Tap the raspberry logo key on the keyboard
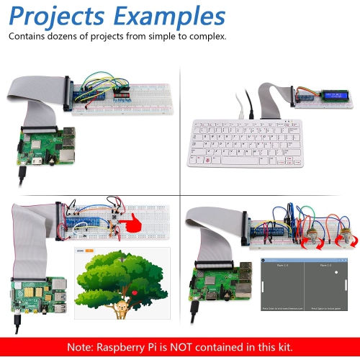(209, 159)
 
